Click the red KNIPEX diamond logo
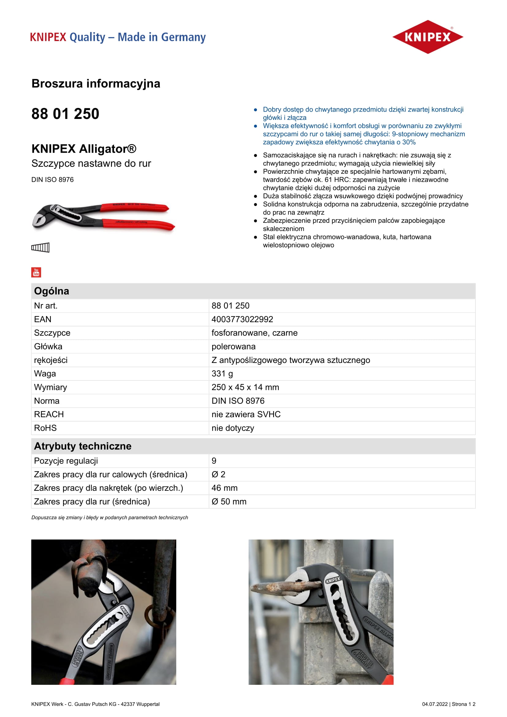[427, 37]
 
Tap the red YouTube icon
[36, 272]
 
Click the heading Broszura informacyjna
[96, 84]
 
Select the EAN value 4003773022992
[242, 319]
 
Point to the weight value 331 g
[222, 373]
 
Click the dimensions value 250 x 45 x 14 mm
[245, 387]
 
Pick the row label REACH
[49, 414]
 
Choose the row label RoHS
[45, 428]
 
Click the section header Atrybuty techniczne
[83, 446]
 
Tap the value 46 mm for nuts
[224, 488]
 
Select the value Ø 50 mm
[229, 502]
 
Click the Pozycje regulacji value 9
[214, 461]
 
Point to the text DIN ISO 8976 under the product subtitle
[52, 180]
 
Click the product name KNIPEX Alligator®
[84, 149]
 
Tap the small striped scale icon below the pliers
[40, 247]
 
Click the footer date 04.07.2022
[435, 704]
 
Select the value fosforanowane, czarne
[254, 333]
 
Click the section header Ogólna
[51, 291]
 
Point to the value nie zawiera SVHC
[246, 414]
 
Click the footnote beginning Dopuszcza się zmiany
[109, 517]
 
